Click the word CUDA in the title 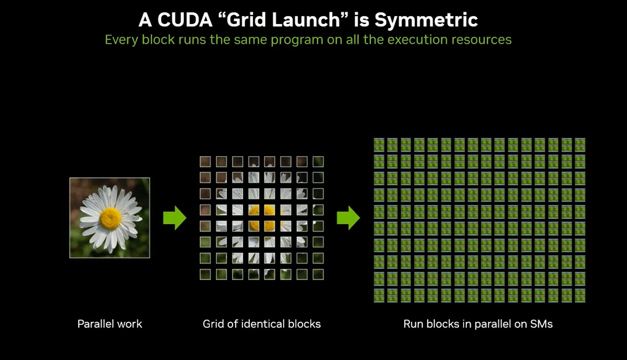coord(185,20)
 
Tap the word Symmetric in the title coord(426,20)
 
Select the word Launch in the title coord(306,20)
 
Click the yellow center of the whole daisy coord(110,218)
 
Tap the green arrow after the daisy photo coord(175,218)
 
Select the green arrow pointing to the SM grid coord(348,218)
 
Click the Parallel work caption coord(110,324)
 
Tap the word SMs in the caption coord(541,324)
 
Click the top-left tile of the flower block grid coord(205,162)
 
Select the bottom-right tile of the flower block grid coord(318,274)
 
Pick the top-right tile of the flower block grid coord(318,162)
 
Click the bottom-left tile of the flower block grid coord(205,274)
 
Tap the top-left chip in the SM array coord(379,145)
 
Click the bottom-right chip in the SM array coord(580,295)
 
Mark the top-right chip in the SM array coord(580,145)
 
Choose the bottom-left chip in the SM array coord(379,295)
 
